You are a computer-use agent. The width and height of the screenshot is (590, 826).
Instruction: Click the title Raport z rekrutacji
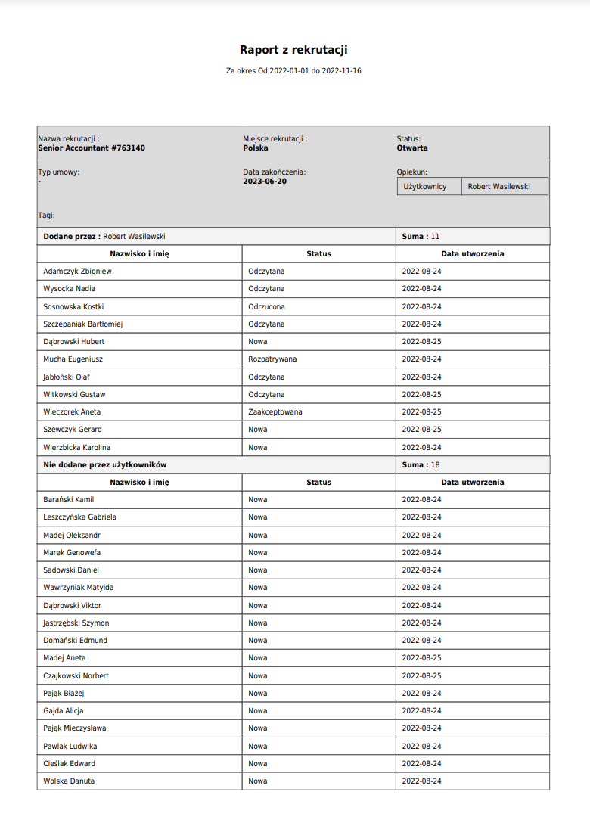[293, 50]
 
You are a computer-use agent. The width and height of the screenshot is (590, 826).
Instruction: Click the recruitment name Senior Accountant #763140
[92, 148]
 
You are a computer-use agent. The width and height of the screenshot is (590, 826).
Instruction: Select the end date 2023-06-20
[265, 182]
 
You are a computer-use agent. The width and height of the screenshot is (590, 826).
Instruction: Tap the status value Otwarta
[412, 148]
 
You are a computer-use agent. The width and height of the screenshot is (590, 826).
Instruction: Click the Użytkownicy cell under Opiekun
[425, 186]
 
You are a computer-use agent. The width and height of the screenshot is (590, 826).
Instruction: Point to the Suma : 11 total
[421, 237]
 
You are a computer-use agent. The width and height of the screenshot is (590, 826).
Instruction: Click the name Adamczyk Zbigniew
[77, 271]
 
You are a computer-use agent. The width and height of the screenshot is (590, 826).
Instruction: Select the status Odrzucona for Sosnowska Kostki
[266, 306]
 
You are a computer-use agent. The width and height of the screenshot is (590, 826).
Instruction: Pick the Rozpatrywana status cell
[272, 359]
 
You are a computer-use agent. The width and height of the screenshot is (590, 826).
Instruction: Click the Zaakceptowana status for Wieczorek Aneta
[275, 412]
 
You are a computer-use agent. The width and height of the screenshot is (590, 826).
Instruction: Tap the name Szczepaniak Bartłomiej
[83, 324]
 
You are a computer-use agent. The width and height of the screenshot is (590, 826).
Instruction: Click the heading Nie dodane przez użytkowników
[105, 464]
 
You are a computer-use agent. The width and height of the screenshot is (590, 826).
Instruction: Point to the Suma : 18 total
[421, 464]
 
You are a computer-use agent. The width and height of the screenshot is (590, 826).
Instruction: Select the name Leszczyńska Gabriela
[80, 517]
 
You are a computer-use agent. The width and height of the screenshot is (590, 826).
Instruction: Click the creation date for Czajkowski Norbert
[422, 675]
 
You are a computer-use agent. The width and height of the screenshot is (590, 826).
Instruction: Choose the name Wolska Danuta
[69, 781]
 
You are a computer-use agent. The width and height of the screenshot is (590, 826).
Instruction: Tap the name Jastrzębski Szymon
[76, 623]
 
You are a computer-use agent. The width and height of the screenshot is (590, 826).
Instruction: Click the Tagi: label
[47, 216]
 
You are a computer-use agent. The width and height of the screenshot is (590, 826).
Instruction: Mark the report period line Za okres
[293, 71]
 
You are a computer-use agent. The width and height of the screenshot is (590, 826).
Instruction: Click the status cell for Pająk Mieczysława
[258, 728]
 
